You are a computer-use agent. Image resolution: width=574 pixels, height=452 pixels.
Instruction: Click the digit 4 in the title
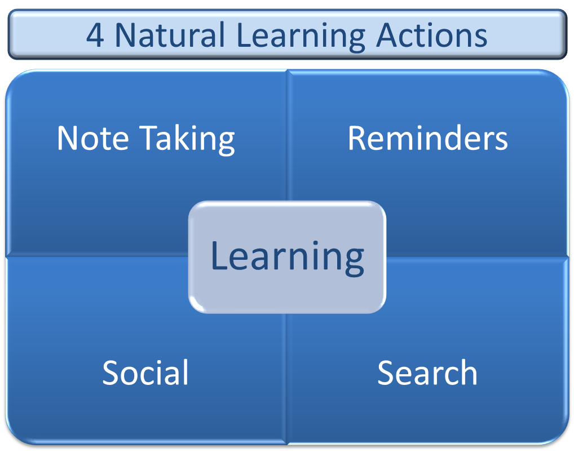(95, 35)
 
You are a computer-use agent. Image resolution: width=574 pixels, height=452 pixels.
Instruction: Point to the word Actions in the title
(431, 35)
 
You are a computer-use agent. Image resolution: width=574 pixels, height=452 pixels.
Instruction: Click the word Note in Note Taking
(94, 138)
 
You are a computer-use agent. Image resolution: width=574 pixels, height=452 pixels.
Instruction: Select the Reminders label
(427, 138)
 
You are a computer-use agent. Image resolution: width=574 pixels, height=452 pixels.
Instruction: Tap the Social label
(145, 373)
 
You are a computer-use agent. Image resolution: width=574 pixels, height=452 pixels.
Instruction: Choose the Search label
(427, 373)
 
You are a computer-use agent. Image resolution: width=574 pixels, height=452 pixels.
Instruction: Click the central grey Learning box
(287, 256)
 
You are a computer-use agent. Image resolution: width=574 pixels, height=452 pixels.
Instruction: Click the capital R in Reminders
(357, 138)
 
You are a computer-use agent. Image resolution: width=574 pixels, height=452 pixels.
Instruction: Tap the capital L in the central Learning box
(218, 256)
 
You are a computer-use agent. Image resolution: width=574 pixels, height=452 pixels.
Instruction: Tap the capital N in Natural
(125, 35)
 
